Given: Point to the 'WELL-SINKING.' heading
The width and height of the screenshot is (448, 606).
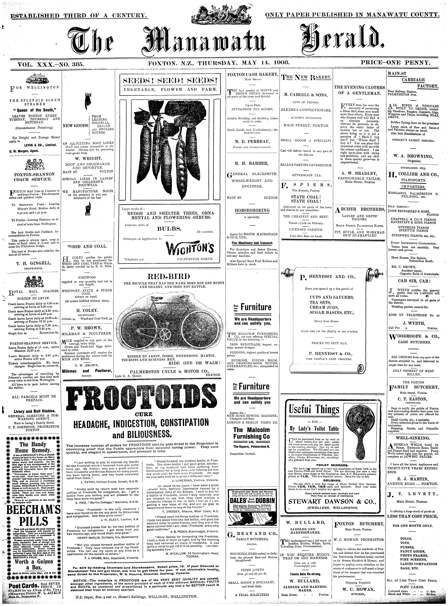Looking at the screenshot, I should tap(413, 438).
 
